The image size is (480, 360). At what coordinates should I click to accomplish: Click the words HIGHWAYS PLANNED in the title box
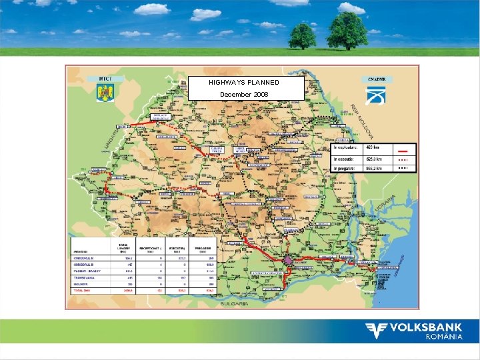click(x=244, y=82)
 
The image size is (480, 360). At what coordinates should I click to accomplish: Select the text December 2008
click(x=244, y=95)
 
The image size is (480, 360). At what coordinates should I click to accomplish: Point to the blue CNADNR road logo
click(x=376, y=95)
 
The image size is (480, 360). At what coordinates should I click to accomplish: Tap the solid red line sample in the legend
click(x=403, y=149)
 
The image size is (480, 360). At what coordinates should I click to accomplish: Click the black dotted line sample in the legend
click(x=403, y=168)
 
